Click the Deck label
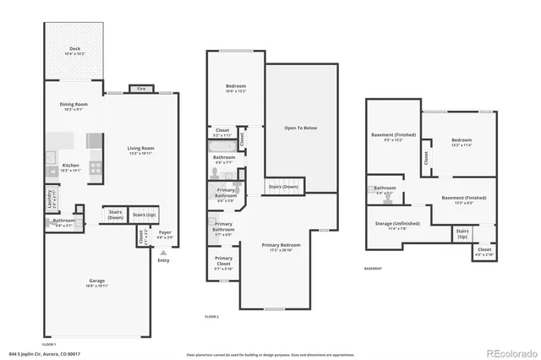point(74,50)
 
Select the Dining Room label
point(74,106)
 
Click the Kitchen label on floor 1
point(71,167)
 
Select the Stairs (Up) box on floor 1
point(145,216)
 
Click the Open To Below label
point(300,128)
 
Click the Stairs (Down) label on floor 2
point(282,187)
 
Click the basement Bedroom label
point(461,141)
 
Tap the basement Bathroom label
point(385,189)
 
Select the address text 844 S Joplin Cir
point(34,353)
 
